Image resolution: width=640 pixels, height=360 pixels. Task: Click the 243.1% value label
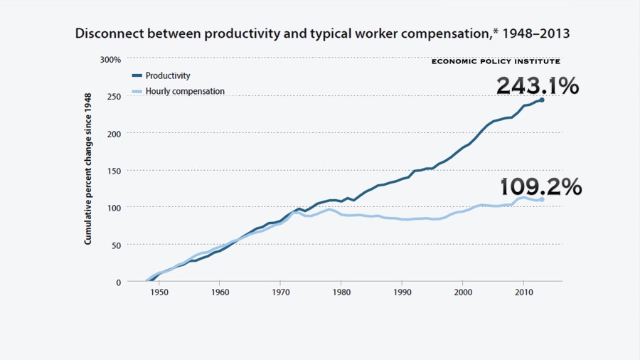click(x=537, y=86)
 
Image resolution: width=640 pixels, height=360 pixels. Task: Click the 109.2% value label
click(x=541, y=187)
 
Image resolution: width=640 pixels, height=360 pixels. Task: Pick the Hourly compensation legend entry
click(x=184, y=91)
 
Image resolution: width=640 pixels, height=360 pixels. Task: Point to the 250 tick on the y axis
click(x=114, y=96)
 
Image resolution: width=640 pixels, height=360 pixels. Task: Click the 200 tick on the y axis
click(x=114, y=133)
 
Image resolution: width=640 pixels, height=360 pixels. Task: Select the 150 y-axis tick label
click(x=114, y=171)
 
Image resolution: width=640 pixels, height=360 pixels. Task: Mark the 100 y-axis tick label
click(x=114, y=208)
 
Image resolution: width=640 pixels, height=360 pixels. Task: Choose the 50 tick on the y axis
click(x=116, y=245)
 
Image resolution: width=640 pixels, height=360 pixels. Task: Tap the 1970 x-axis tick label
click(x=280, y=292)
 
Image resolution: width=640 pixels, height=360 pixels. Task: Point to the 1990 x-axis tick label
click(x=402, y=292)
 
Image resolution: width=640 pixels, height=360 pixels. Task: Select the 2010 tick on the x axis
click(x=523, y=292)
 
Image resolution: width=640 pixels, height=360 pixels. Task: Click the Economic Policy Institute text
click(x=496, y=62)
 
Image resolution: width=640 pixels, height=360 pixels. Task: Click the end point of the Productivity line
click(x=542, y=100)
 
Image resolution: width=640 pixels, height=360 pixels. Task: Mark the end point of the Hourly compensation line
click(x=542, y=200)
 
